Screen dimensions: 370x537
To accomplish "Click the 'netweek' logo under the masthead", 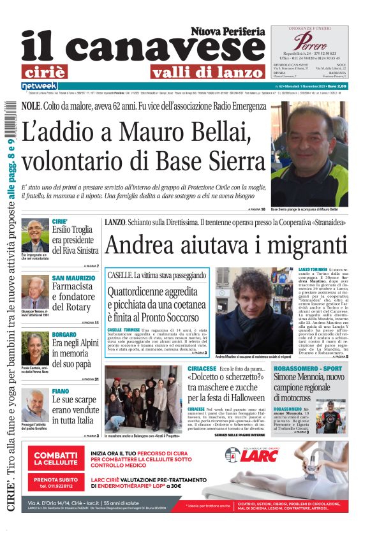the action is [40, 85].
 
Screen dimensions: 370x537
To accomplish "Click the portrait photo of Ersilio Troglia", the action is [34, 236].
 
